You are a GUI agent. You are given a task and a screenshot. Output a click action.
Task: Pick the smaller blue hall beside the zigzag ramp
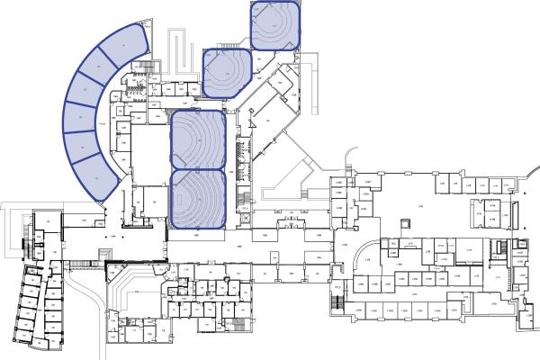(x=225, y=72)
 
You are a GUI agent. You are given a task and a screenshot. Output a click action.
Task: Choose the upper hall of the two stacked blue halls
(x=198, y=139)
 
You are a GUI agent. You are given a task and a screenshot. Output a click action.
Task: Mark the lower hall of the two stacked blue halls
(x=198, y=199)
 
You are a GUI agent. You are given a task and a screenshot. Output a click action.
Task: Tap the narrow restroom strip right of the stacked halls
(x=238, y=148)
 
